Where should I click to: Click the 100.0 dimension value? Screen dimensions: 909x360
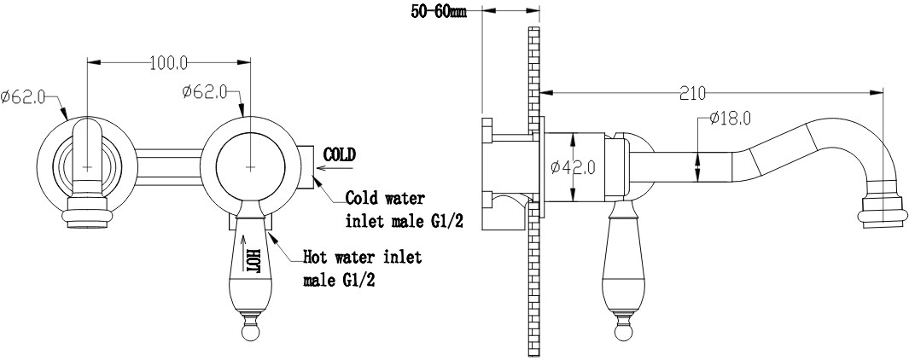169,63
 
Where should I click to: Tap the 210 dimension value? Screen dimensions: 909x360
693,93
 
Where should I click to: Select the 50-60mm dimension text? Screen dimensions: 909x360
439,12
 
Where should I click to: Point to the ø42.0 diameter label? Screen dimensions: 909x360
574,167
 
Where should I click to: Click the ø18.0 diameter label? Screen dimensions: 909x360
731,119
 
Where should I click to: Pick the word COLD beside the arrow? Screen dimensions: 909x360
340,154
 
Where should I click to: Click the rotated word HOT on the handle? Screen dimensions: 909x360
253,261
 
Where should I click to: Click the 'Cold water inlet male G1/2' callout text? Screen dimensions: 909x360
404,210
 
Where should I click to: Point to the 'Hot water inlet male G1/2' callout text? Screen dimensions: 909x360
363,269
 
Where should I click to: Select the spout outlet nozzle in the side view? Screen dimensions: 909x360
883,208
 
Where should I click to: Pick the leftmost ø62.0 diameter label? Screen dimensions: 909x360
23,96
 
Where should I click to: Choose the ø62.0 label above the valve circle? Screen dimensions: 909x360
204,92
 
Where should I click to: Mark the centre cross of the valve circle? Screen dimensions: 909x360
250,167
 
